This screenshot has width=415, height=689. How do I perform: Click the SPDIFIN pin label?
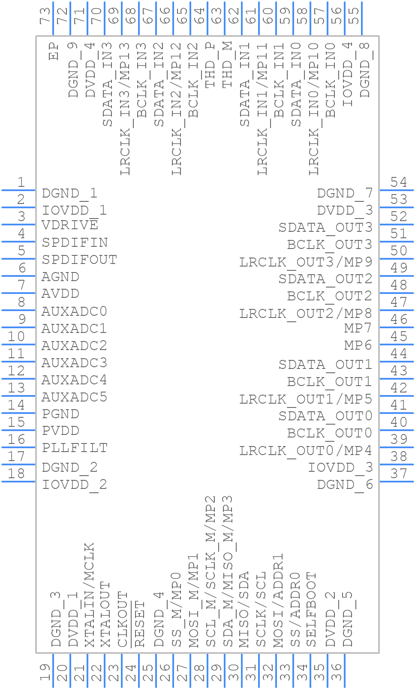coord(75,243)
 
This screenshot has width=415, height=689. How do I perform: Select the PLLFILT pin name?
coord(75,448)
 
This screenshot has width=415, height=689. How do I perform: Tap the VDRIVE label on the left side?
coord(70,225)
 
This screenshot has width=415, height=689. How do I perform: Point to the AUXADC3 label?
coord(74,362)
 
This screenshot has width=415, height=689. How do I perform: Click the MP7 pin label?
coord(358,328)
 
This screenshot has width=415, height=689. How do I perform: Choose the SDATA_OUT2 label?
coord(325,279)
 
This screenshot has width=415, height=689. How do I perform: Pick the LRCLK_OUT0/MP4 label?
coord(306,450)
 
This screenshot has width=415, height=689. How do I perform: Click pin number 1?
coord(21,183)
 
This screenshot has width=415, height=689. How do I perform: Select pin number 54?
coord(399,183)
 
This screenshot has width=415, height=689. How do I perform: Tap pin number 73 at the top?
coord(45,16)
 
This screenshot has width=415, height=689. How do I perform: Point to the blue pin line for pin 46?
coord(397,327)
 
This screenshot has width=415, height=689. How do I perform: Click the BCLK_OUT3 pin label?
coord(330,245)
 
